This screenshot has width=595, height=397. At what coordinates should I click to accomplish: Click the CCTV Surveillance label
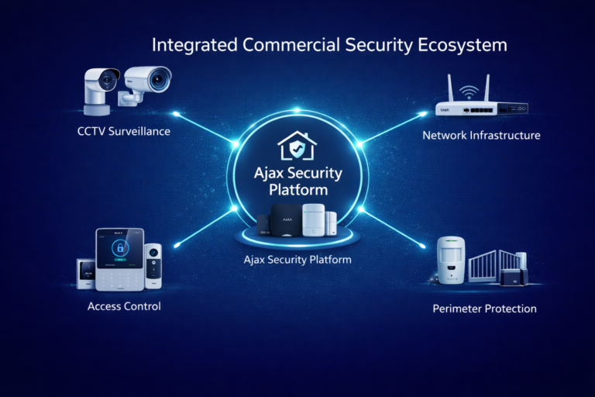[123, 131]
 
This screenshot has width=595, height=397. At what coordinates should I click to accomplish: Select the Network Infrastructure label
[481, 136]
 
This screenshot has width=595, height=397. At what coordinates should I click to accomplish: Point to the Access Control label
[124, 306]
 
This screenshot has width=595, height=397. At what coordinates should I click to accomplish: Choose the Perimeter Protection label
[483, 309]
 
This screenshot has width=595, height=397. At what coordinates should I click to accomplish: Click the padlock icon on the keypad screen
[119, 249]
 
